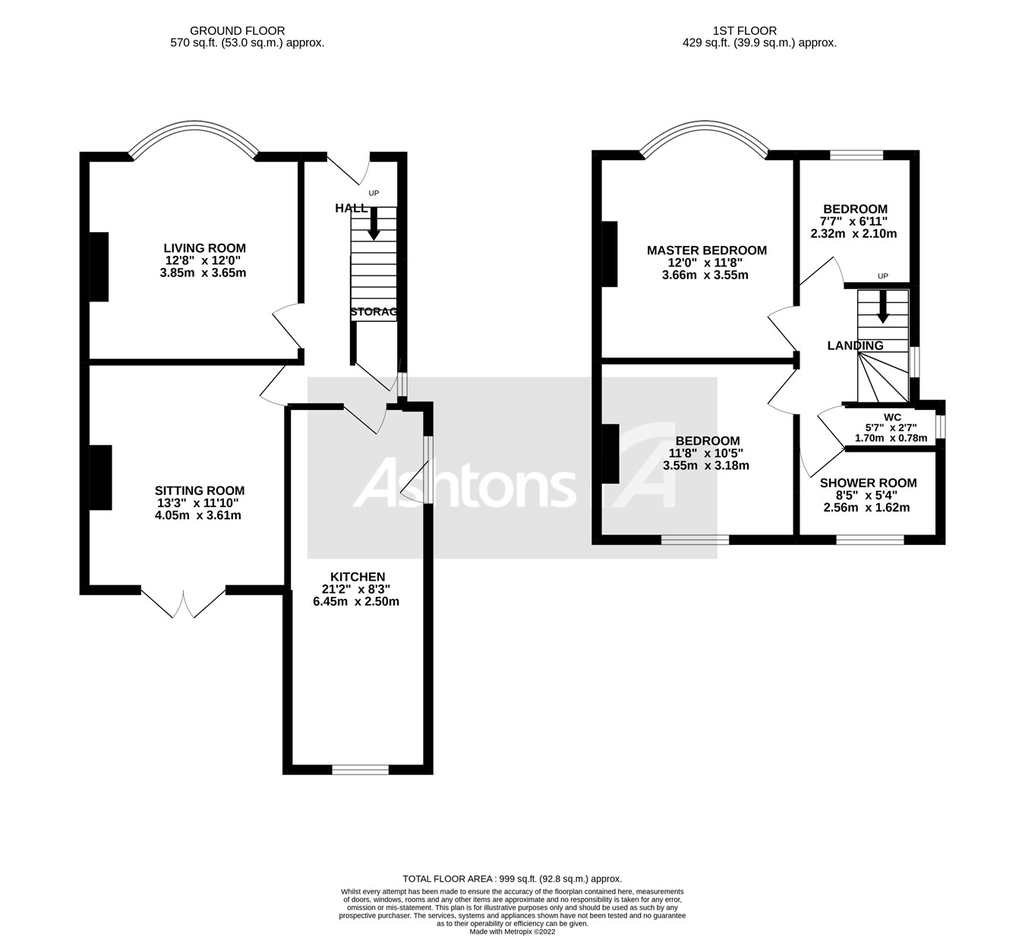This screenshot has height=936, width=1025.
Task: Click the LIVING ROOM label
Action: [x=204, y=248]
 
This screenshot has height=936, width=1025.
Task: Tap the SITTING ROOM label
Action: [x=200, y=491]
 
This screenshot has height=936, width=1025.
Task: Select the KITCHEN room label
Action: [x=358, y=577]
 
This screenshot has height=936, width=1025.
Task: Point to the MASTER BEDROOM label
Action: [x=706, y=251]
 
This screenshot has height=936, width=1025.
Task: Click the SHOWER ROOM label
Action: [x=868, y=483]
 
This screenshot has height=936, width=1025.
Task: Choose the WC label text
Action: [x=892, y=417]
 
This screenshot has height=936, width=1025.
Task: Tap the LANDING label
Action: [x=855, y=345]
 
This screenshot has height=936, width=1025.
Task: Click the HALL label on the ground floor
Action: [x=351, y=208]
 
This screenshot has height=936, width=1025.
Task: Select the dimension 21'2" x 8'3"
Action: [x=357, y=589]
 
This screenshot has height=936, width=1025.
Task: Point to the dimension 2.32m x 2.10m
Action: [x=853, y=234]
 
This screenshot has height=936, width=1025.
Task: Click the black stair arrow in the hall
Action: [x=373, y=224]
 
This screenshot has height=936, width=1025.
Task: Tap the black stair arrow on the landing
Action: [x=882, y=306]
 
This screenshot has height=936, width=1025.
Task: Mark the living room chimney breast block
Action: [x=99, y=266]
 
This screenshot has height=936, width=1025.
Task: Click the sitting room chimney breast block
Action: [x=101, y=477]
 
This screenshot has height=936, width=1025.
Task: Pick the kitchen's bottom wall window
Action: [x=361, y=770]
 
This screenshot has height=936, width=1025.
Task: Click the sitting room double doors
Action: [x=184, y=602]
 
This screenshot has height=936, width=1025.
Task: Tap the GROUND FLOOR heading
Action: [x=238, y=31]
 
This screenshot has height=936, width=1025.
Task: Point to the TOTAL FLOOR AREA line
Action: [x=512, y=878]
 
